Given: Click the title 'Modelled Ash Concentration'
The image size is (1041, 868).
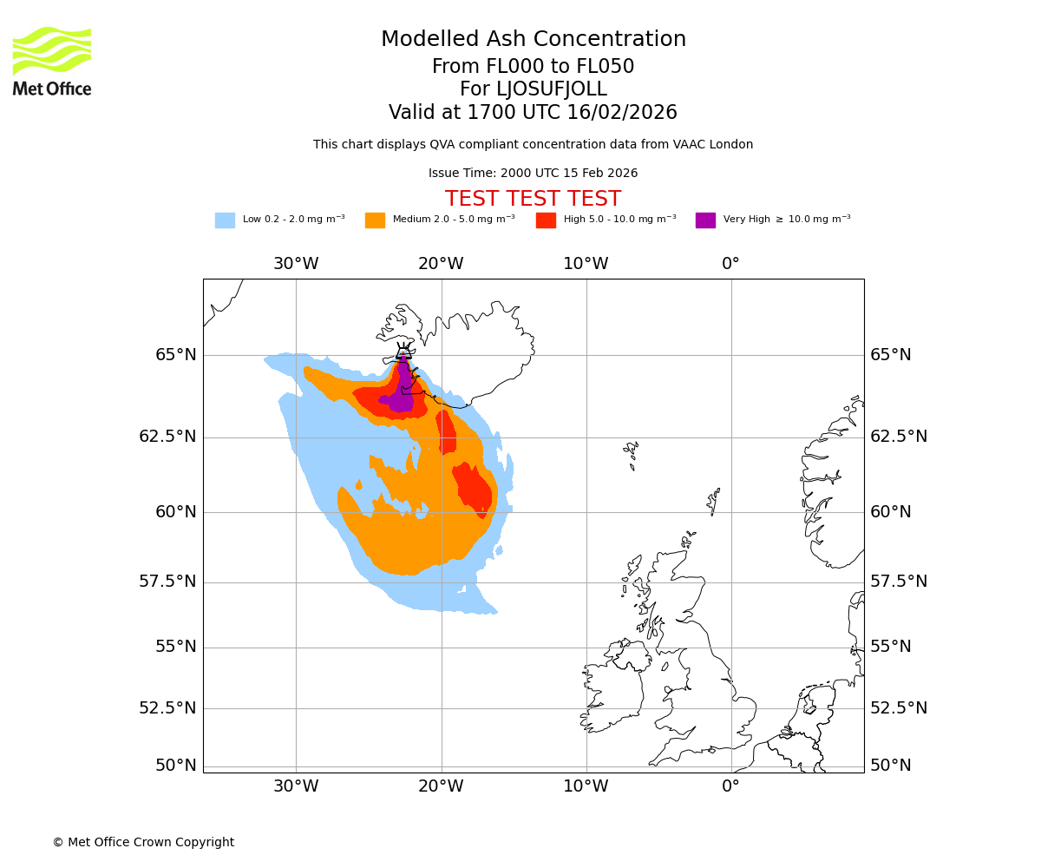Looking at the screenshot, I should point(533,39).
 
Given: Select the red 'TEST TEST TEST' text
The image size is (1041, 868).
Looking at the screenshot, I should point(533,199).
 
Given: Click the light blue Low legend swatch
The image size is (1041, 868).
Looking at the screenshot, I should point(225,220).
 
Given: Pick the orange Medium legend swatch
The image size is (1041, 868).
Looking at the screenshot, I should point(375,220).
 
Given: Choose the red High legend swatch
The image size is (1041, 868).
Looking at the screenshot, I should point(546,220).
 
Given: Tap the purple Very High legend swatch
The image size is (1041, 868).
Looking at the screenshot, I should point(705,220).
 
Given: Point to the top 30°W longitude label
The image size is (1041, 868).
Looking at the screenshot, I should point(296,264).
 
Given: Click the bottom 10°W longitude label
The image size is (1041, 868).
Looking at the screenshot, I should point(586,786).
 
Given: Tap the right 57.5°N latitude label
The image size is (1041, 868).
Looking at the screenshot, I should point(899,582).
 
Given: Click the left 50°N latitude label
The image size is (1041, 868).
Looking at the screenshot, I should point(175,766).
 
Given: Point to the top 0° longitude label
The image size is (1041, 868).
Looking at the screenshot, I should point(730,264).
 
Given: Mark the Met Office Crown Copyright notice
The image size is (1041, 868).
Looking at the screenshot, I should point(143,842).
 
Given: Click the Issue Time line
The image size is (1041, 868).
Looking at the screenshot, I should point(533,173).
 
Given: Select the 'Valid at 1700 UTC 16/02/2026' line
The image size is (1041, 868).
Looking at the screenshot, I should point(533,113).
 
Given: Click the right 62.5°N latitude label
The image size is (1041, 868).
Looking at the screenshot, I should point(899,437).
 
